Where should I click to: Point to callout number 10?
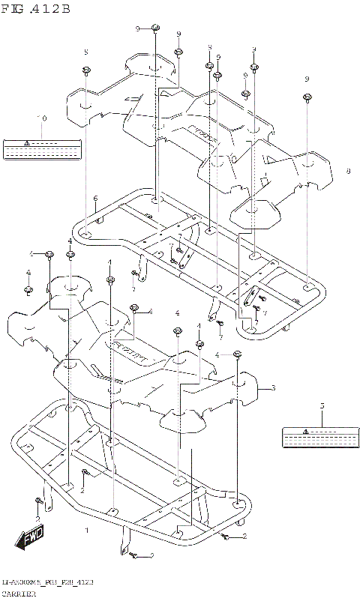42,118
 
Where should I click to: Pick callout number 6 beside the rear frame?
95,199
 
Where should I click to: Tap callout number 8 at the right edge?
348,172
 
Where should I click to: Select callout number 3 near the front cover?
273,387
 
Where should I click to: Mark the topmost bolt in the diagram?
155,28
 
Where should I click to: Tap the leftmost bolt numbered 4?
28,289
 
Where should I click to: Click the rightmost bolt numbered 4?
238,353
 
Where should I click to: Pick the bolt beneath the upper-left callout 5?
86,70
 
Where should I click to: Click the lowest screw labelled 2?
133,555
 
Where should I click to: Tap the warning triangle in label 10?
25,142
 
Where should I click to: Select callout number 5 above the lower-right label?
322,405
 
